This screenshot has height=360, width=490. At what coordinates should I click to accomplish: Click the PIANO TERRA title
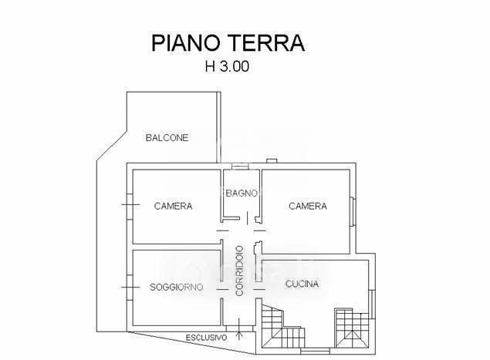(228, 42)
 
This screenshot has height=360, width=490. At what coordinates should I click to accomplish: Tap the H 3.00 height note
(227, 66)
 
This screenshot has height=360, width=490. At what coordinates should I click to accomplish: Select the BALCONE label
(167, 138)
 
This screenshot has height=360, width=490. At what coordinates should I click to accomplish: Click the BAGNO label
(242, 193)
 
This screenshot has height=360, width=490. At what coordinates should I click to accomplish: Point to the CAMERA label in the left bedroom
(173, 206)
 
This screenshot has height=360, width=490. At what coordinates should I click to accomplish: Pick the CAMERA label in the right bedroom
(308, 206)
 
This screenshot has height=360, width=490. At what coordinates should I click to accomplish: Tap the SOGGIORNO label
(176, 287)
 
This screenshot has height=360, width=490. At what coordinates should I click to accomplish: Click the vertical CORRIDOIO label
(239, 271)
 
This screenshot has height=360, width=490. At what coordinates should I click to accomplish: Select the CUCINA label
(302, 284)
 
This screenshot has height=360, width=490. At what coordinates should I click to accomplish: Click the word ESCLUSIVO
(207, 338)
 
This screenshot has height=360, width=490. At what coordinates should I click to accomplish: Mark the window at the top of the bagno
(240, 167)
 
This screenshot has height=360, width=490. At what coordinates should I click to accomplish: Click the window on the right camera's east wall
(352, 212)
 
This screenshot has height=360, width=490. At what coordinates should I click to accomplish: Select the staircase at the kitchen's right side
(352, 328)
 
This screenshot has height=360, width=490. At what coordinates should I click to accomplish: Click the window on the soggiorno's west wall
(130, 288)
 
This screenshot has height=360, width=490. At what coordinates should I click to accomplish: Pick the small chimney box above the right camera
(272, 161)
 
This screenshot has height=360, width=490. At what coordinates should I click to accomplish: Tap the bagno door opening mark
(248, 218)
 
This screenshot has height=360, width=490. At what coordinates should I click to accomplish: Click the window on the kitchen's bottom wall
(315, 352)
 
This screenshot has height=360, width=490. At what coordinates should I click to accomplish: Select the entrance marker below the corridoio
(239, 329)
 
